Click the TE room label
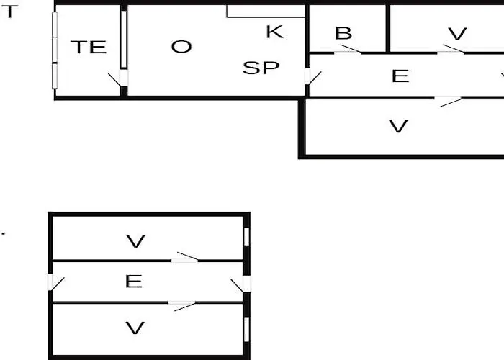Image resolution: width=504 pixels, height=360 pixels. point(88,48)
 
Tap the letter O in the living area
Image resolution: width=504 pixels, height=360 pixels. point(181,47)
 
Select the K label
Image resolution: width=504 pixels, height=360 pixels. point(274,32)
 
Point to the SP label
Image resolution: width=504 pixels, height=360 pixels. point(261,68)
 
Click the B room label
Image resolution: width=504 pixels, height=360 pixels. point(343,33)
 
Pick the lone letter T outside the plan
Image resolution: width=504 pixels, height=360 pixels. point(8,12)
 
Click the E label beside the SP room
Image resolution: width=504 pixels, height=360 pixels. point(400,76)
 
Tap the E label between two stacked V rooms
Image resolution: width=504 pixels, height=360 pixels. point(133,281)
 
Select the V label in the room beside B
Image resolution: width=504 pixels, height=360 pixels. point(457,34)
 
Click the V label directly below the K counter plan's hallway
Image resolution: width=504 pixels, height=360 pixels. point(398,126)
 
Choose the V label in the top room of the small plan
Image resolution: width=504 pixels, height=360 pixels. point(135,241)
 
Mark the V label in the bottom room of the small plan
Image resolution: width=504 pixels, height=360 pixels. point(135,328)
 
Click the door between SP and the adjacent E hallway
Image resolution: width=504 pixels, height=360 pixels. point(311,76)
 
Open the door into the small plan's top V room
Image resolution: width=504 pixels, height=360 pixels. point(186,258)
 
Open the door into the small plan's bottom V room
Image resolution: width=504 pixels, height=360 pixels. point(183,305)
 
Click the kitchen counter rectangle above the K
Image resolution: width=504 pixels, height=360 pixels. point(266,11)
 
